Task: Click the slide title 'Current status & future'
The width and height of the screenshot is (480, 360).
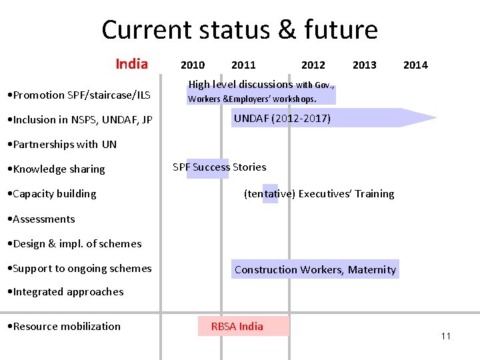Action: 239,30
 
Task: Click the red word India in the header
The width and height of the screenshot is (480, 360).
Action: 131,64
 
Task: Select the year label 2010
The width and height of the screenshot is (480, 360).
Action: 193,65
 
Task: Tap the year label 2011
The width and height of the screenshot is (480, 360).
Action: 243,65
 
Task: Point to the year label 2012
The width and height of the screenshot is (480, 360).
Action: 313,65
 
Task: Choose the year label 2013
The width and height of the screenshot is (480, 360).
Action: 364,65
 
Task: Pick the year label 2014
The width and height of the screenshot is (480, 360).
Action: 415,65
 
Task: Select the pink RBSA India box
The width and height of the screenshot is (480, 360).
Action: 243,326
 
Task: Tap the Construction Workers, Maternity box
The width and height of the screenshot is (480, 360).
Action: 315,269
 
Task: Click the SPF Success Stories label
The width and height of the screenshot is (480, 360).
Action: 219,167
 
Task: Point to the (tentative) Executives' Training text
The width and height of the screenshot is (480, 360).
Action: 319,194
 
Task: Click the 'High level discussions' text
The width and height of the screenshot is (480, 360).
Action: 241,85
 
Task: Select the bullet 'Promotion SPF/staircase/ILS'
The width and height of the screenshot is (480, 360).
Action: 77,95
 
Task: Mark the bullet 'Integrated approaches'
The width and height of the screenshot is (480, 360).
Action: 65,292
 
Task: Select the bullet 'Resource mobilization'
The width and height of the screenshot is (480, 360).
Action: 63,326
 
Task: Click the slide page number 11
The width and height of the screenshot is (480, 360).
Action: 446,336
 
